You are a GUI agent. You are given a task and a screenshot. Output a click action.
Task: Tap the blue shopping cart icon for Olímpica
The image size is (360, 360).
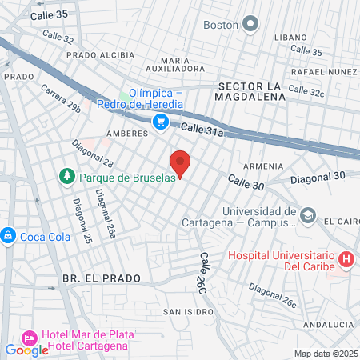(161, 122)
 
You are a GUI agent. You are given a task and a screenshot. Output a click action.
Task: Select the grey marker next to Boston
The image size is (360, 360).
(251, 24)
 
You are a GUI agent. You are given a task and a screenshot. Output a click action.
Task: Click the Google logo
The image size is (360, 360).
(26, 350)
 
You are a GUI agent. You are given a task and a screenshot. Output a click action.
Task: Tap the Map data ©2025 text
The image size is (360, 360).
(325, 354)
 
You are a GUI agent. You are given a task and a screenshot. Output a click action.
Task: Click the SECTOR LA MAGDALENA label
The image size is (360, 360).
(250, 90)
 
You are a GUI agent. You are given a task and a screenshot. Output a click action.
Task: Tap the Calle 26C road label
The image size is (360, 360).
(206, 270)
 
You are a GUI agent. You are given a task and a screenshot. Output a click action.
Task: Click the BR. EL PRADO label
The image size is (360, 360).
(101, 278)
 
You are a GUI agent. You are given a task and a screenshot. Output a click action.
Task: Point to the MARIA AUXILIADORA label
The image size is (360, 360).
(186, 64)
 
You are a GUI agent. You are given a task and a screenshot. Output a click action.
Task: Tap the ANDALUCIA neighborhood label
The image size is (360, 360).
(328, 324)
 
